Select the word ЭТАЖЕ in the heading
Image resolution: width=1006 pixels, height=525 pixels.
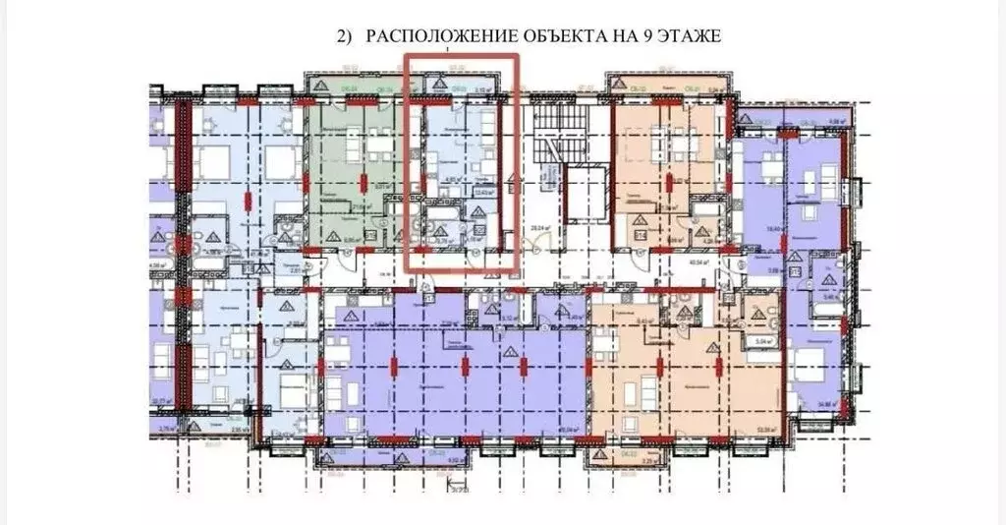688,37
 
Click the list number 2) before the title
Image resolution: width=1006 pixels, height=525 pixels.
344,37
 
